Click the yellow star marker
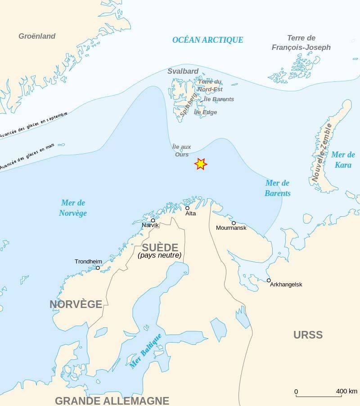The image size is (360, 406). (x=201, y=164)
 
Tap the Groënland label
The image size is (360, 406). (x=37, y=36)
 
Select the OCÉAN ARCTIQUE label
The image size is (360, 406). (x=207, y=40)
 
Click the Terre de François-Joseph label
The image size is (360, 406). (x=301, y=43)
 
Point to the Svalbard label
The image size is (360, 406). (x=183, y=71)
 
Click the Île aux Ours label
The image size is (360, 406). (x=182, y=151)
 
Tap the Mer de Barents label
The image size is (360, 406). (x=278, y=188)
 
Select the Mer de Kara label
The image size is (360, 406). (x=343, y=160)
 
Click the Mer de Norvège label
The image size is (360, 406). (x=73, y=208)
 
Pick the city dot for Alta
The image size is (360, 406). (x=187, y=208)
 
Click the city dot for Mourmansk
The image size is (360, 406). (x=234, y=223)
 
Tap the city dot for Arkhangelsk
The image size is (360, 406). (x=269, y=280)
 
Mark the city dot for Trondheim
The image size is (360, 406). (x=98, y=268)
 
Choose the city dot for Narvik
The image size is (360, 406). (x=153, y=220)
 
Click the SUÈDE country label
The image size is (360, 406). (x=160, y=248)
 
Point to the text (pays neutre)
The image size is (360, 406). (x=160, y=255)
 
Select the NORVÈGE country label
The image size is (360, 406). (x=76, y=304)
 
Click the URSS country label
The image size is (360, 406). (x=308, y=335)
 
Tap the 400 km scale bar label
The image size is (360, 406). (x=346, y=391)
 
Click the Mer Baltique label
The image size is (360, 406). (x=145, y=351)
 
